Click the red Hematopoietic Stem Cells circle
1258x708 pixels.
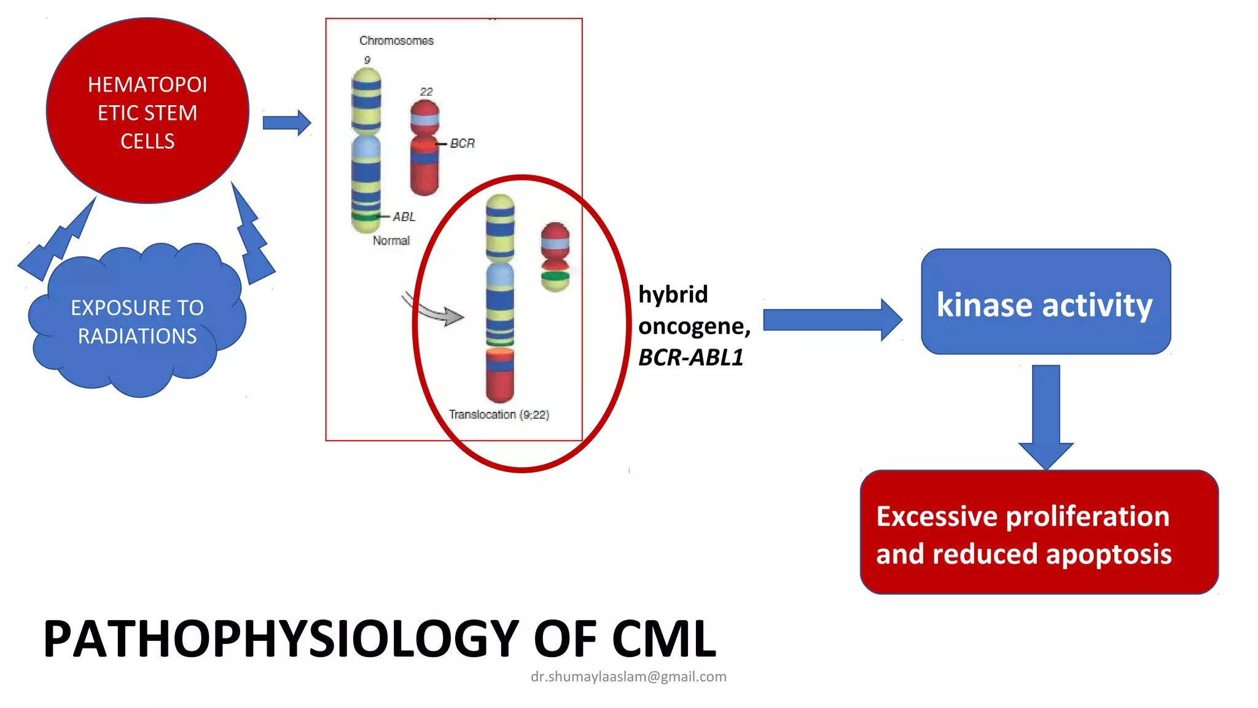click(x=147, y=111)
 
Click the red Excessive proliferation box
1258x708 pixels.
click(x=1039, y=533)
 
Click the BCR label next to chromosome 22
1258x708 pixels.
click(x=462, y=143)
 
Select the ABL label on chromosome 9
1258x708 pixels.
click(x=404, y=217)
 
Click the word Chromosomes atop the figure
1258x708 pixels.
click(x=396, y=41)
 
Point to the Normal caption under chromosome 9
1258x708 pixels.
click(x=391, y=241)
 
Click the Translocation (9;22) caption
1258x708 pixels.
click(x=499, y=415)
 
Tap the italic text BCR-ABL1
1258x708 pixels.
click(x=690, y=358)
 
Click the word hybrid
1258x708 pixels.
click(x=673, y=294)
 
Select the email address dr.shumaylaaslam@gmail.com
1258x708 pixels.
click(x=628, y=677)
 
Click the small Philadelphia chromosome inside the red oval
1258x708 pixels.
click(x=555, y=256)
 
